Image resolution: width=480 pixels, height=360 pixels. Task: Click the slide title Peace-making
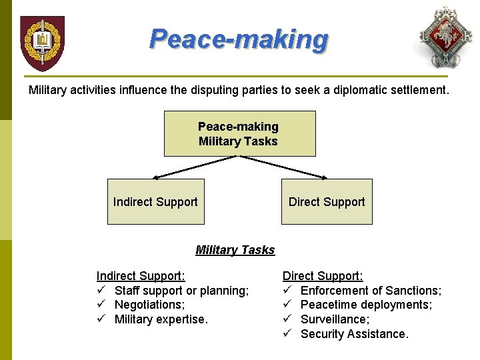point(239,39)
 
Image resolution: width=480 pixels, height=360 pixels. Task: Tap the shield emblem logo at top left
point(42,43)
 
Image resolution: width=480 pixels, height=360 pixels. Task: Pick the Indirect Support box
point(155,201)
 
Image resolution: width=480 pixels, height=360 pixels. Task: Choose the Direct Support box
point(327,201)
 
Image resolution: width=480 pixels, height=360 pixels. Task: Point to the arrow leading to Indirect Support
point(193,167)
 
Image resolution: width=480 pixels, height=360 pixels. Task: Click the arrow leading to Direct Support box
point(284,167)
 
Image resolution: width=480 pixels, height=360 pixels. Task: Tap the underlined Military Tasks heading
point(235,250)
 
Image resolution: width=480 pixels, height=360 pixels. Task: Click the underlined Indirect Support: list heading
point(141,276)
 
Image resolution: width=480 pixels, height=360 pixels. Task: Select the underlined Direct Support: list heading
point(323,276)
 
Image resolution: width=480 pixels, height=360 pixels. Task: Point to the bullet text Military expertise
point(161,319)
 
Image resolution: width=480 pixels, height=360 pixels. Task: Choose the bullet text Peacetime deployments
point(366,305)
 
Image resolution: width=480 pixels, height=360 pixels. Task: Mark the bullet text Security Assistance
point(355,334)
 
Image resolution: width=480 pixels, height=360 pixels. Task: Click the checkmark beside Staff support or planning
point(101,291)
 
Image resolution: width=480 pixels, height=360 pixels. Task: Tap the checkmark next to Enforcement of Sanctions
point(287,291)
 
